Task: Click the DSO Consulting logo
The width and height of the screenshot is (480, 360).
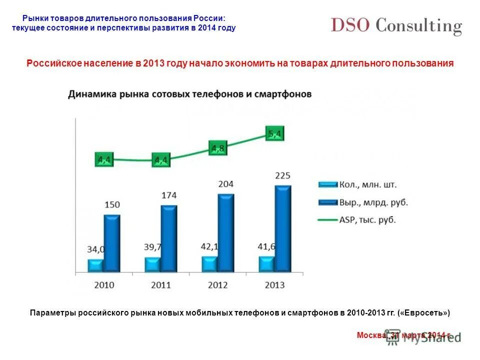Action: pyautogui.click(x=396, y=25)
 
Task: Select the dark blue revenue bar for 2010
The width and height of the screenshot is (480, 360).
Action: pyautogui.click(x=111, y=243)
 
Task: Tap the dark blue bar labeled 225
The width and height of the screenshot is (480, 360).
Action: pyautogui.click(x=282, y=228)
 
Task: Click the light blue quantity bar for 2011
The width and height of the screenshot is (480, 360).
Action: pyautogui.click(x=152, y=264)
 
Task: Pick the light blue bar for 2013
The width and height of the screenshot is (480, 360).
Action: pyautogui.click(x=266, y=264)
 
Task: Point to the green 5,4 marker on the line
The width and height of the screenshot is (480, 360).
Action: pyautogui.click(x=274, y=133)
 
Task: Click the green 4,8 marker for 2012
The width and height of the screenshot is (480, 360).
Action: pyautogui.click(x=217, y=148)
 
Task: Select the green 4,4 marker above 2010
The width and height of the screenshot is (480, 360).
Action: pyautogui.click(x=104, y=160)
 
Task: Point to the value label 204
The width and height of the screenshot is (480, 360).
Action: pyautogui.click(x=225, y=184)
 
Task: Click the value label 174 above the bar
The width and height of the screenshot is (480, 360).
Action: pyautogui.click(x=168, y=195)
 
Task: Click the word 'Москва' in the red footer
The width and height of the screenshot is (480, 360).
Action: pyautogui.click(x=370, y=335)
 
